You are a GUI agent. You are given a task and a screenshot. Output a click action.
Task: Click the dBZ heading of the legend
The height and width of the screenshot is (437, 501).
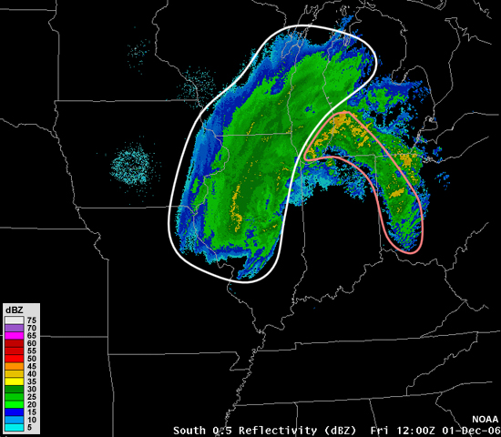[15, 310]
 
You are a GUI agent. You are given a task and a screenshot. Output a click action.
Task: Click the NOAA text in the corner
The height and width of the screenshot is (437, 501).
[484, 420]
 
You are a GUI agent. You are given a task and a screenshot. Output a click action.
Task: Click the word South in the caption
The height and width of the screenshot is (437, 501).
[191, 429]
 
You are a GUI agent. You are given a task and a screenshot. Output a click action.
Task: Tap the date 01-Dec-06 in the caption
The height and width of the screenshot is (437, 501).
[463, 429]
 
